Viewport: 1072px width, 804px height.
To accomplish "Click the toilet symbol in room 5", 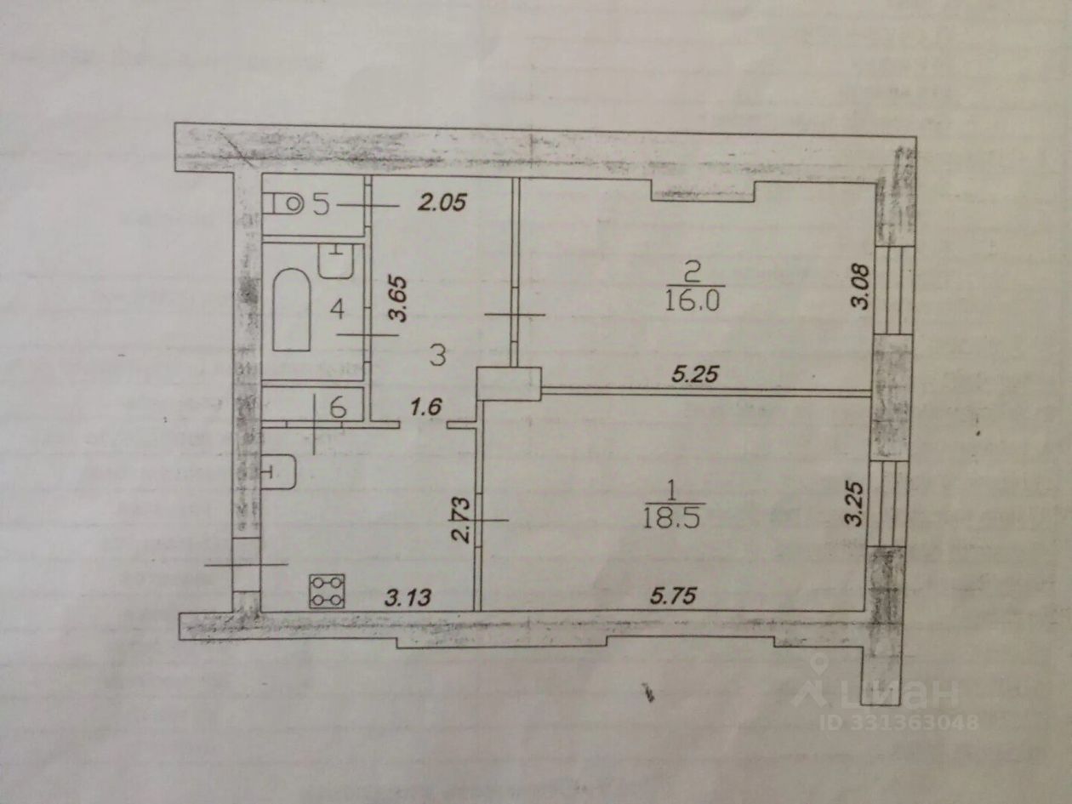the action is click(x=283, y=203).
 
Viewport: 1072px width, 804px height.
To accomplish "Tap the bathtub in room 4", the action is click(x=292, y=309).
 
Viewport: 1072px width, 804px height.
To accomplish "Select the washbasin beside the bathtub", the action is click(x=336, y=261).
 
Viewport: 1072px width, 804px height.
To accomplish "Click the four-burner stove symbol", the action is click(x=327, y=591).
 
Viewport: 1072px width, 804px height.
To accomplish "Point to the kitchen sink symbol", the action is click(x=279, y=471).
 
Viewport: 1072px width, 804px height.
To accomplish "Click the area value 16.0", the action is click(x=692, y=303).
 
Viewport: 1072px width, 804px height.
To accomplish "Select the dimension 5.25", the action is click(x=695, y=374).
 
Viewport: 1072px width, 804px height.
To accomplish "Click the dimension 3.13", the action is click(x=408, y=597).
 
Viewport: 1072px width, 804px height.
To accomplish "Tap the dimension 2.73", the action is click(x=461, y=521).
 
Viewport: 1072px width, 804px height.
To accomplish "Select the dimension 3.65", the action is click(x=397, y=299).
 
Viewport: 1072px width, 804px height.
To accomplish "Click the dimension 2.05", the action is click(x=442, y=202).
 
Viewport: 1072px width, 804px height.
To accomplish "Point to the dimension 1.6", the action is click(x=426, y=407).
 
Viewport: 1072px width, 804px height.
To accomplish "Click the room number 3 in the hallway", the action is click(x=438, y=355).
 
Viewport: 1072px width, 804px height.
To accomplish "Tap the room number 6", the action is click(x=338, y=407).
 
